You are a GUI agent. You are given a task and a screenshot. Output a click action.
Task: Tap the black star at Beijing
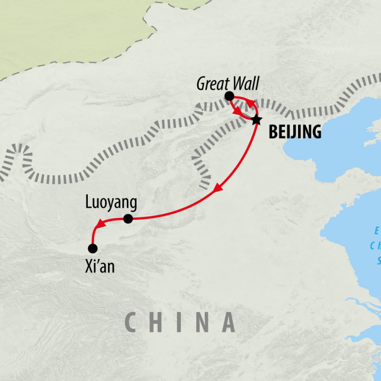256,120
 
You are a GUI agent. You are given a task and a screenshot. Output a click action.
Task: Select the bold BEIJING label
295,132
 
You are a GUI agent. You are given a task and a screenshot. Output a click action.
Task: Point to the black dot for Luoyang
128,219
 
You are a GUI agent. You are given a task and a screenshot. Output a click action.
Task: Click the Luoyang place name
111,203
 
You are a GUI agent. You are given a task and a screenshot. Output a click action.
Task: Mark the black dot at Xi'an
92,248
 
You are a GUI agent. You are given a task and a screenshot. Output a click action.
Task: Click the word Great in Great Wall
212,84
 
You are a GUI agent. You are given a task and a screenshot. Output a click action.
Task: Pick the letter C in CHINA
131,322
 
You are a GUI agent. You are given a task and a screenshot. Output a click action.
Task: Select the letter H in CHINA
158,322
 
